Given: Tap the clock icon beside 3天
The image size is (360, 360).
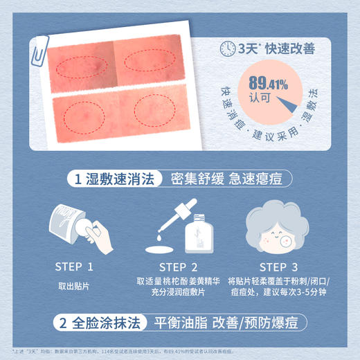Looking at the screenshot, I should (227, 48).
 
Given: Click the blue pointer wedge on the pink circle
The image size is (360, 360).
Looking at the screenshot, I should (298, 103).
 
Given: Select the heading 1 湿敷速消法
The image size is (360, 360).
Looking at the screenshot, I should (115, 179).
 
